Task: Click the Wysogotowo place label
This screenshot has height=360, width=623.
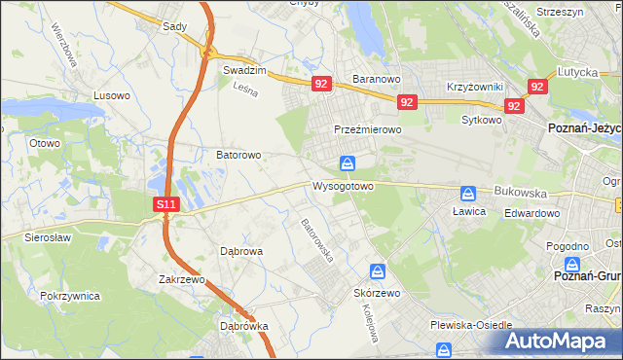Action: (x=343, y=185)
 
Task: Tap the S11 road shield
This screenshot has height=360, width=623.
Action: (x=166, y=204)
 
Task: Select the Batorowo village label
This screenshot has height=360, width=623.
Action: (x=238, y=155)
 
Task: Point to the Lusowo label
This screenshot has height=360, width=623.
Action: (x=111, y=95)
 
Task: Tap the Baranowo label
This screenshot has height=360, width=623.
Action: (x=377, y=80)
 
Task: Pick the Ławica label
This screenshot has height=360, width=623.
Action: (x=468, y=210)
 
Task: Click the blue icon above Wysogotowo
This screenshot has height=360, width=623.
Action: (x=348, y=163)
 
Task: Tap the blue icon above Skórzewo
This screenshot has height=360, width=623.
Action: (x=378, y=271)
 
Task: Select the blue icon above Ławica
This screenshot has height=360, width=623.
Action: (x=468, y=193)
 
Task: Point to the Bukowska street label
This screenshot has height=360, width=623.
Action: (x=521, y=193)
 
